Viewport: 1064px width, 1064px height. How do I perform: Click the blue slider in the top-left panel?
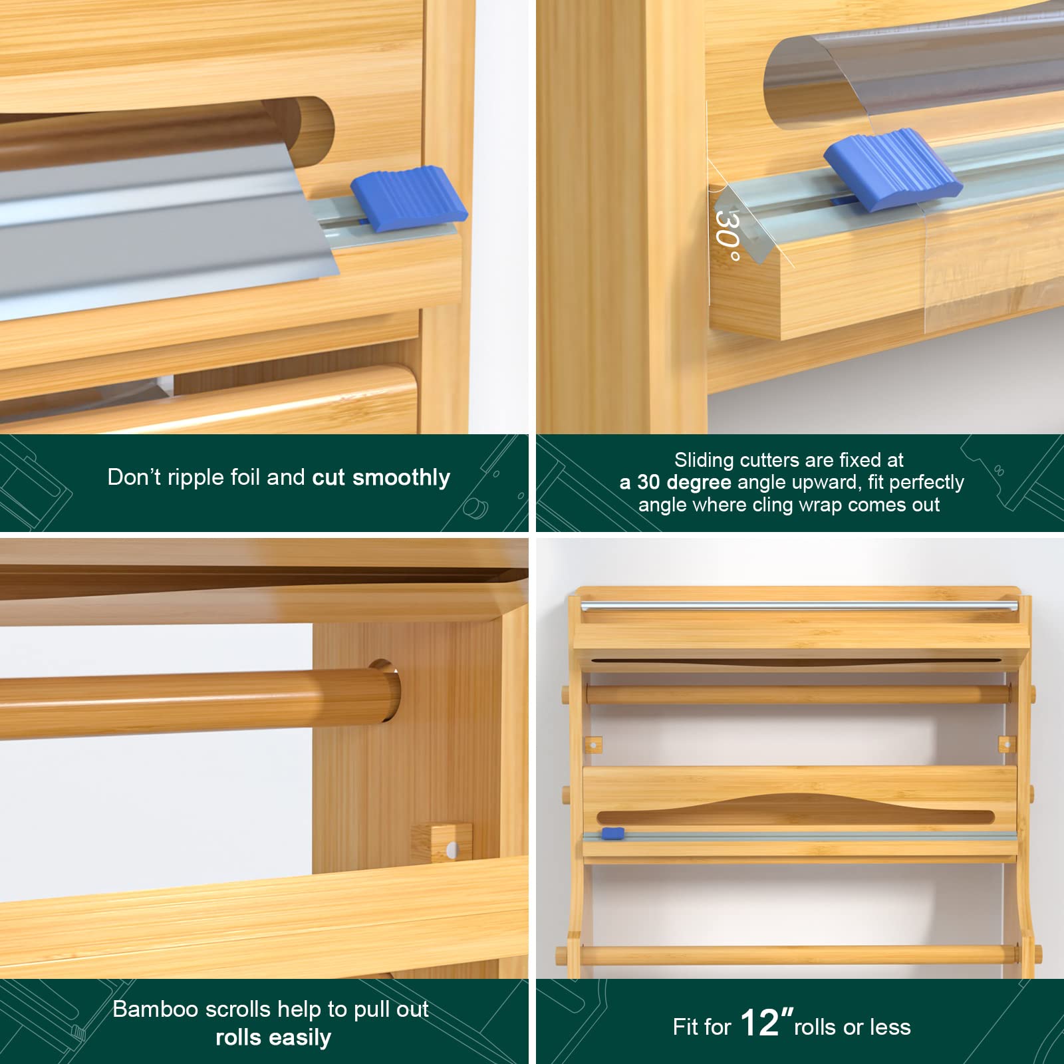(408, 198)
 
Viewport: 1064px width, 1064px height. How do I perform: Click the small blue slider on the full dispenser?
(612, 833)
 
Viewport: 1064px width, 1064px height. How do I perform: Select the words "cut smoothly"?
(381, 477)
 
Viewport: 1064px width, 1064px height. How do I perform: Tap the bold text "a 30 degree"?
(675, 482)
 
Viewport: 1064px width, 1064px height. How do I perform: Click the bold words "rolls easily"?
(273, 1037)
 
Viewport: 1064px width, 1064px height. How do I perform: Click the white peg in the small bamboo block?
(452, 849)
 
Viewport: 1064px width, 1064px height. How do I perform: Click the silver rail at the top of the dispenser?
(799, 606)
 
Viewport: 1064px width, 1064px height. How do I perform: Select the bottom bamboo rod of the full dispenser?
(798, 956)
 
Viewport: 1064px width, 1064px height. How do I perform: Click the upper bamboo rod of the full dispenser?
(798, 695)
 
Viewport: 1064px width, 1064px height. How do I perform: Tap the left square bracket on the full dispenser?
(594, 744)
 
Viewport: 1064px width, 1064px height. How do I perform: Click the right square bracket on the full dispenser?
(1007, 743)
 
